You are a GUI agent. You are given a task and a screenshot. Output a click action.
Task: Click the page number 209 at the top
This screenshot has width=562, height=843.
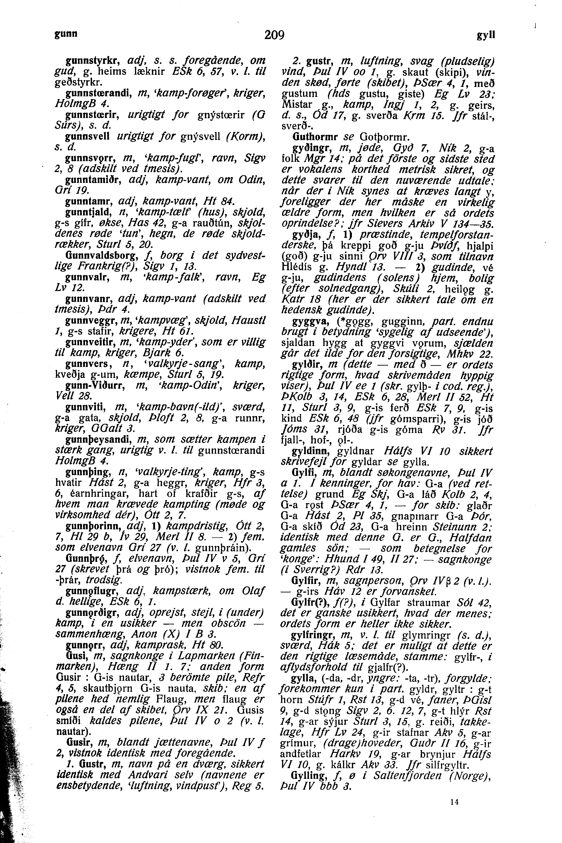click(274, 35)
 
